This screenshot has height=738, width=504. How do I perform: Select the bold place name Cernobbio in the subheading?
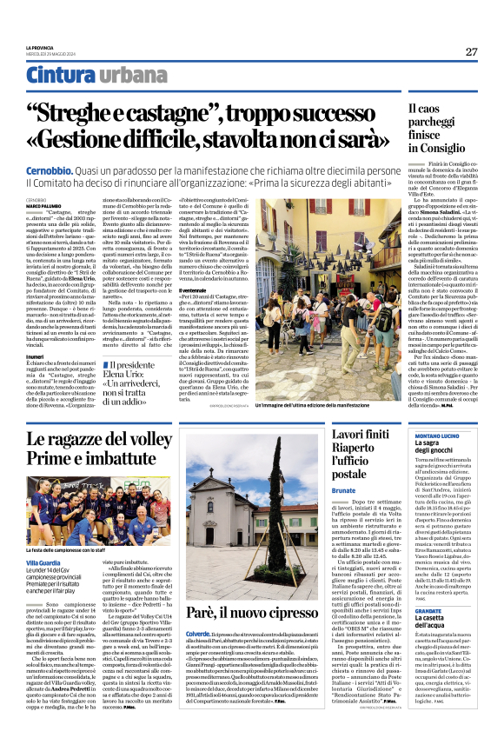[49, 172]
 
